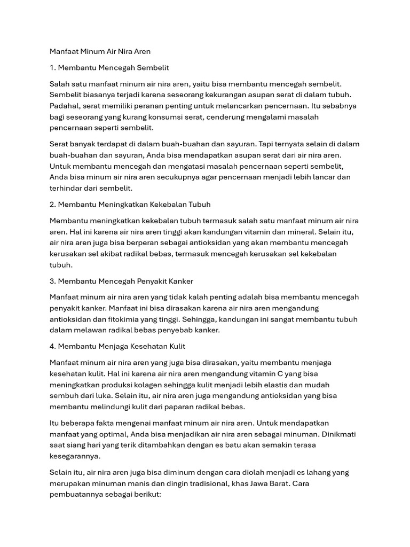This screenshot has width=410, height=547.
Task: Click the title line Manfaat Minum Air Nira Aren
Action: (x=100, y=52)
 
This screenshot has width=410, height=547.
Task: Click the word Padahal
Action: (x=65, y=106)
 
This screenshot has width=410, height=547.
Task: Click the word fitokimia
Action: (x=108, y=319)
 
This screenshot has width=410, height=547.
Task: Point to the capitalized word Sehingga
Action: (x=199, y=319)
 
